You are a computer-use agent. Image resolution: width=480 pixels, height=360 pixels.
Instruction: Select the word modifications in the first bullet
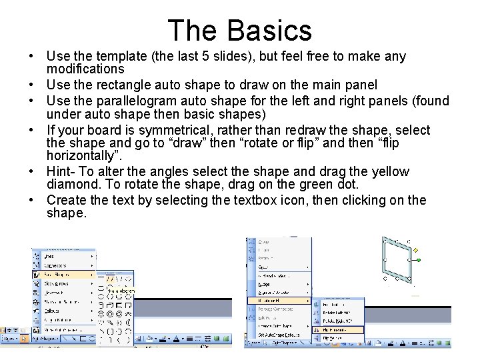85,69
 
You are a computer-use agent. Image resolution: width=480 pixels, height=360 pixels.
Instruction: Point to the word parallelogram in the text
150,101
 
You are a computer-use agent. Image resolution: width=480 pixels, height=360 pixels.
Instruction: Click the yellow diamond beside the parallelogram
416,251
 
